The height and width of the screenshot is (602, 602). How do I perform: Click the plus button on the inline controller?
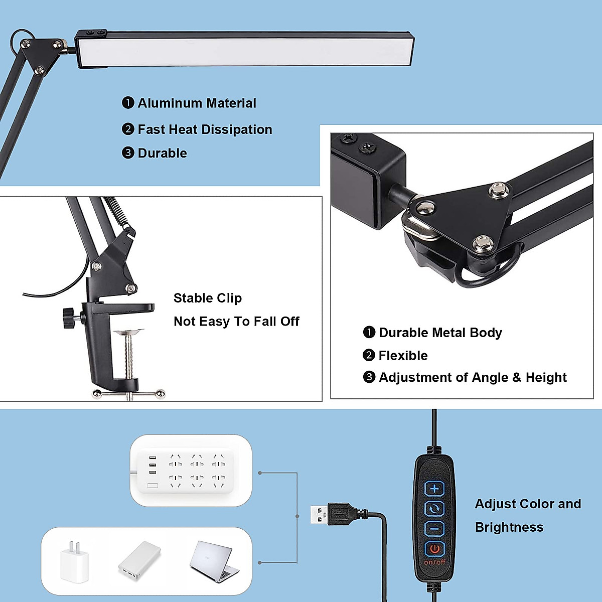[x=434, y=489]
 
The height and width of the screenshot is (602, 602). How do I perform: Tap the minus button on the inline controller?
[x=434, y=528]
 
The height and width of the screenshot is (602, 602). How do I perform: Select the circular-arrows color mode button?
[x=434, y=509]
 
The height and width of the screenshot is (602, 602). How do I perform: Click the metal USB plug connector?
[x=319, y=515]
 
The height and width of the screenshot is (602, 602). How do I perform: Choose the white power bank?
[x=139, y=561]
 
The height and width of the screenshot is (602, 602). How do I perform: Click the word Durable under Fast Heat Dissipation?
[x=162, y=154]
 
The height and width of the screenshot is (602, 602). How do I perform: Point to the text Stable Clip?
[x=207, y=298]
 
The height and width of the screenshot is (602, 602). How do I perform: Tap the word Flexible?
[x=403, y=356]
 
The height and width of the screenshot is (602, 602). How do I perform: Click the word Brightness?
[x=509, y=527]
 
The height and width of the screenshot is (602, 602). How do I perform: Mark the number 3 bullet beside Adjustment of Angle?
[x=369, y=377]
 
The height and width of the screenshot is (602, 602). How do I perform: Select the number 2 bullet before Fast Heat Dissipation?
[x=128, y=129]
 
